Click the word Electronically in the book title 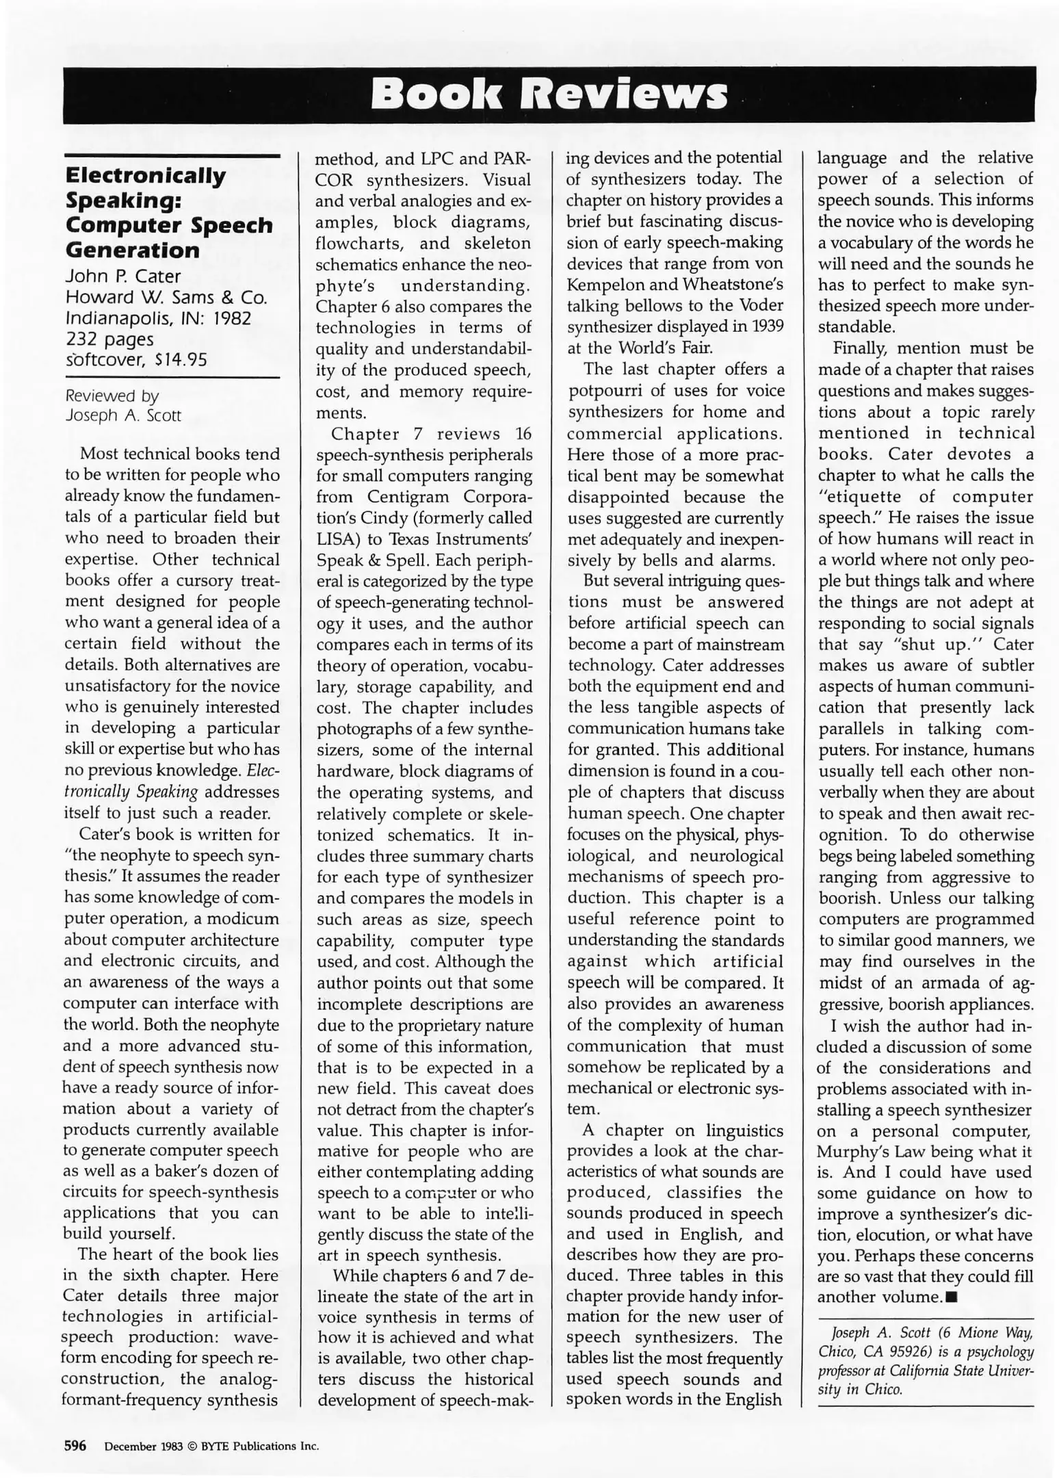[145, 176]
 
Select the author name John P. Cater [123, 276]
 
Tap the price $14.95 [181, 360]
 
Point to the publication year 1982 [229, 318]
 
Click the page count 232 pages [109, 339]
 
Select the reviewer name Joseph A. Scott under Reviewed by [123, 415]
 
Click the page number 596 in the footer [75, 1446]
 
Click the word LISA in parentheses [334, 539]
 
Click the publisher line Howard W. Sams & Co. [166, 298]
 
